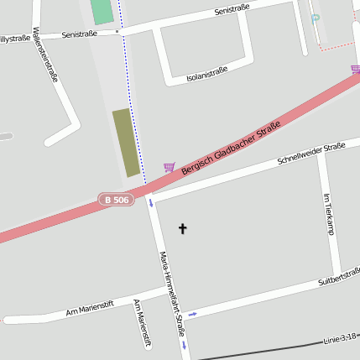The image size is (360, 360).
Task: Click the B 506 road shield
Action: point(117,199)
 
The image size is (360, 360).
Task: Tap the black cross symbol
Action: point(183,228)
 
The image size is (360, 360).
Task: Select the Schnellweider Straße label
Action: point(310,154)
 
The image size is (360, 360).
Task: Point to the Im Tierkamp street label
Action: point(328,215)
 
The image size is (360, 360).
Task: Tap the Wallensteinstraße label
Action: point(45,55)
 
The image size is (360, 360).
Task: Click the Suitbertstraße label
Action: point(340,274)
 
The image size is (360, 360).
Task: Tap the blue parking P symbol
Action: point(316,18)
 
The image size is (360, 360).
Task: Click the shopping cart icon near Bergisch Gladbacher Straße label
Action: point(170,167)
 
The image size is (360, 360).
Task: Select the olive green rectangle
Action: point(127,142)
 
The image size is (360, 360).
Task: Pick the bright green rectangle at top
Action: point(101,12)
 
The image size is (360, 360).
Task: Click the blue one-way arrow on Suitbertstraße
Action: point(192,315)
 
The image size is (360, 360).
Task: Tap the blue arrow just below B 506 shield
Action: point(151,202)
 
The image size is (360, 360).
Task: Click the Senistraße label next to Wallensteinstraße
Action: point(80,34)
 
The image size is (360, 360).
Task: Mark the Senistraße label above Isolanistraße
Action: point(232,10)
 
